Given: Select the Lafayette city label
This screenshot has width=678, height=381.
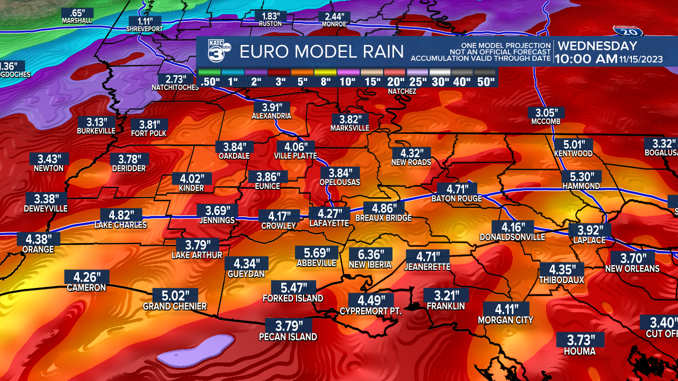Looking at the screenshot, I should click(x=329, y=224).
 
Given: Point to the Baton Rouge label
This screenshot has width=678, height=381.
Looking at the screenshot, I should click(x=457, y=199).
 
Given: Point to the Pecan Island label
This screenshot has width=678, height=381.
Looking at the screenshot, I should click(x=288, y=337).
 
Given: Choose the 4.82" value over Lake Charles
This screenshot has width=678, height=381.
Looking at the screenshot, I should click(x=121, y=215).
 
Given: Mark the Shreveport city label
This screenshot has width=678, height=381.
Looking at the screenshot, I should click(x=145, y=29).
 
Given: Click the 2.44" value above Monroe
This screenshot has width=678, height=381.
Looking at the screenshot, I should click(x=334, y=16).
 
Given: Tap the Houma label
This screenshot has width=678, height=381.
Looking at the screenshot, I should click(x=579, y=351).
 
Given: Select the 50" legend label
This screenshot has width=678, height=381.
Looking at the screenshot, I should click(x=485, y=81).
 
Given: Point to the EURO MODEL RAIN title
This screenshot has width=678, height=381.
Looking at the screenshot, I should click(x=322, y=52).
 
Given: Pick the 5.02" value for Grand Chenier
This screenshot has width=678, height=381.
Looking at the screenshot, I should click(x=175, y=296).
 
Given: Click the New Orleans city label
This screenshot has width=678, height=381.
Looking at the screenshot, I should click(x=632, y=269).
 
